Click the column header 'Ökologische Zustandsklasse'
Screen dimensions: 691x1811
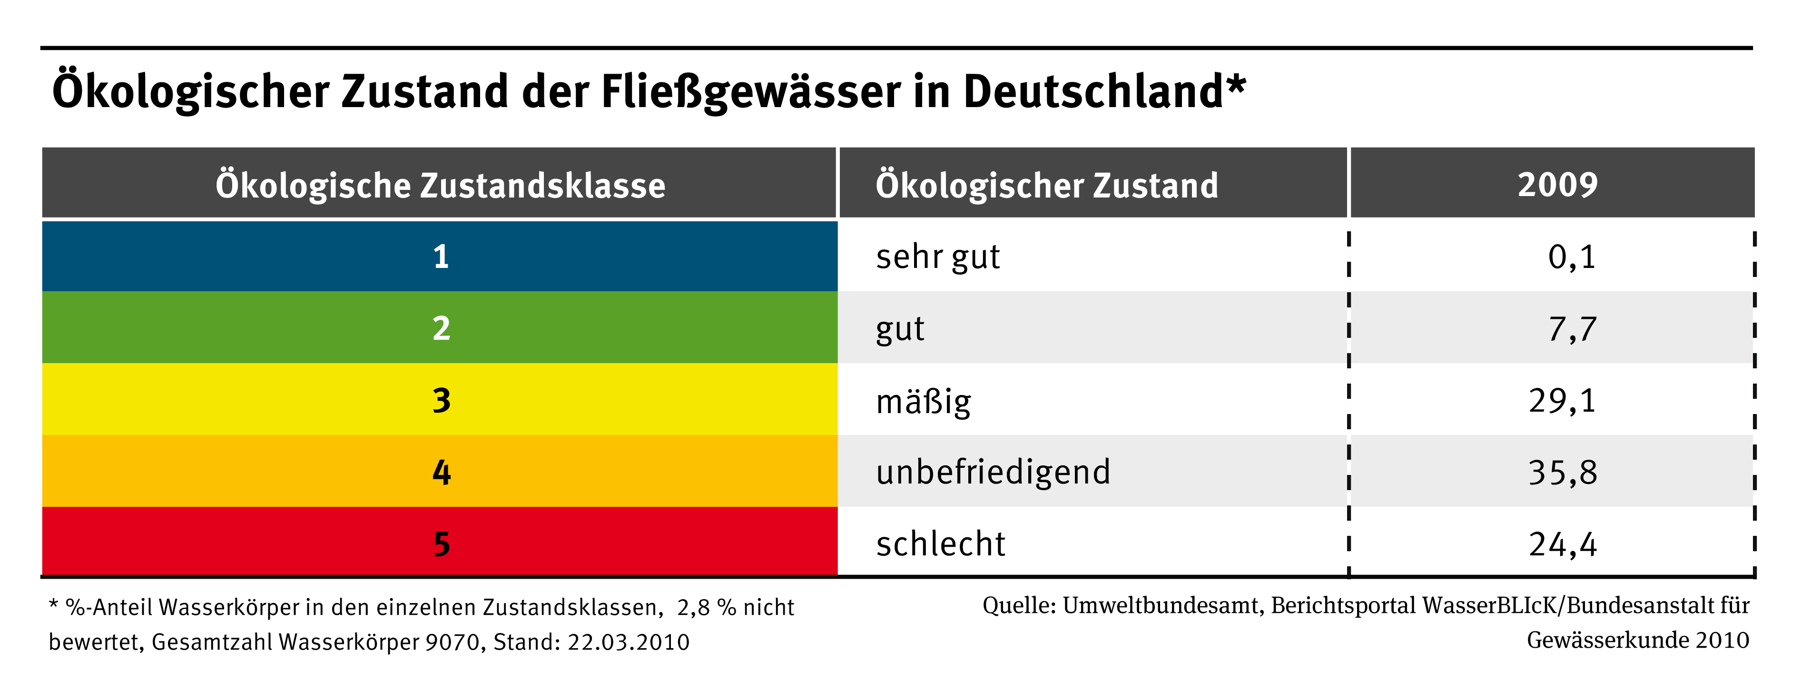click(440, 185)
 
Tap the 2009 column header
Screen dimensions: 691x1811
click(1557, 185)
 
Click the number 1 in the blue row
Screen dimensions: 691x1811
click(441, 257)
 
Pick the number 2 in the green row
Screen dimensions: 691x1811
click(441, 328)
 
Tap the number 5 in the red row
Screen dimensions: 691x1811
click(441, 543)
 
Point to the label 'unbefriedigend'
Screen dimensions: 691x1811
click(993, 473)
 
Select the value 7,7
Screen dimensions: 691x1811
click(1572, 329)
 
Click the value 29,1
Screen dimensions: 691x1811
click(1562, 401)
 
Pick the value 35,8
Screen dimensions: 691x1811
click(1562, 473)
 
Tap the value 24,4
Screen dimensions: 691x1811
click(1562, 544)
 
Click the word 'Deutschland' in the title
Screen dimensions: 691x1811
click(1093, 91)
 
